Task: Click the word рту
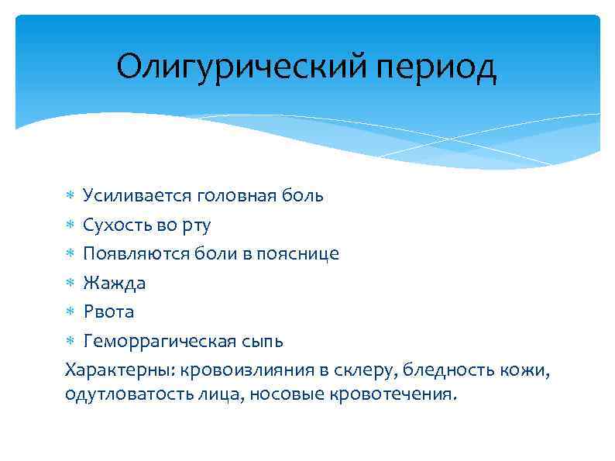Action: click(x=196, y=225)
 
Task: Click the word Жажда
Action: click(x=115, y=283)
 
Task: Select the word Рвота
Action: click(x=109, y=311)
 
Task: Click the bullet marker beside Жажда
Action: click(x=69, y=283)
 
